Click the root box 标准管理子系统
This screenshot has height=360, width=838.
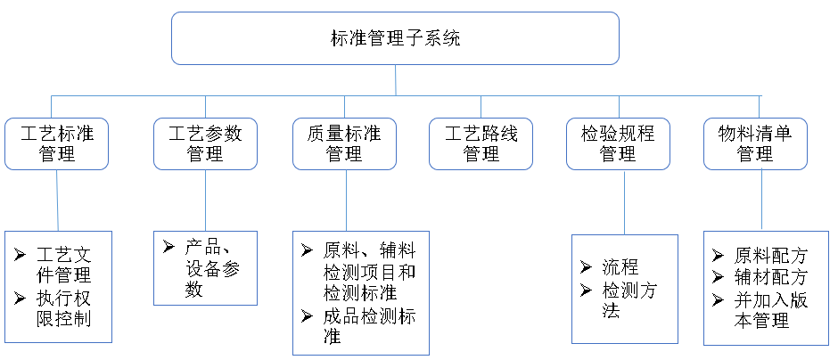395,38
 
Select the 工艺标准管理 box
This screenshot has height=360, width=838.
57,143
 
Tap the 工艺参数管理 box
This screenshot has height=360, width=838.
205,143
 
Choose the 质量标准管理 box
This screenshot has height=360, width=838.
343,143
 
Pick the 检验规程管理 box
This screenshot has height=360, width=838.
618,143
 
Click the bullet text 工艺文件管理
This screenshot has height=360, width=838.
63,265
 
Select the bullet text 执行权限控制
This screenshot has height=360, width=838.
63,307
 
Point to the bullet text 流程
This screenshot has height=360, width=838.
620,267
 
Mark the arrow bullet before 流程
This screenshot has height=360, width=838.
585,267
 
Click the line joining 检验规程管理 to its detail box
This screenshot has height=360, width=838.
623,201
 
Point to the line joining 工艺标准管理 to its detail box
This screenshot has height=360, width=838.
58,200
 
